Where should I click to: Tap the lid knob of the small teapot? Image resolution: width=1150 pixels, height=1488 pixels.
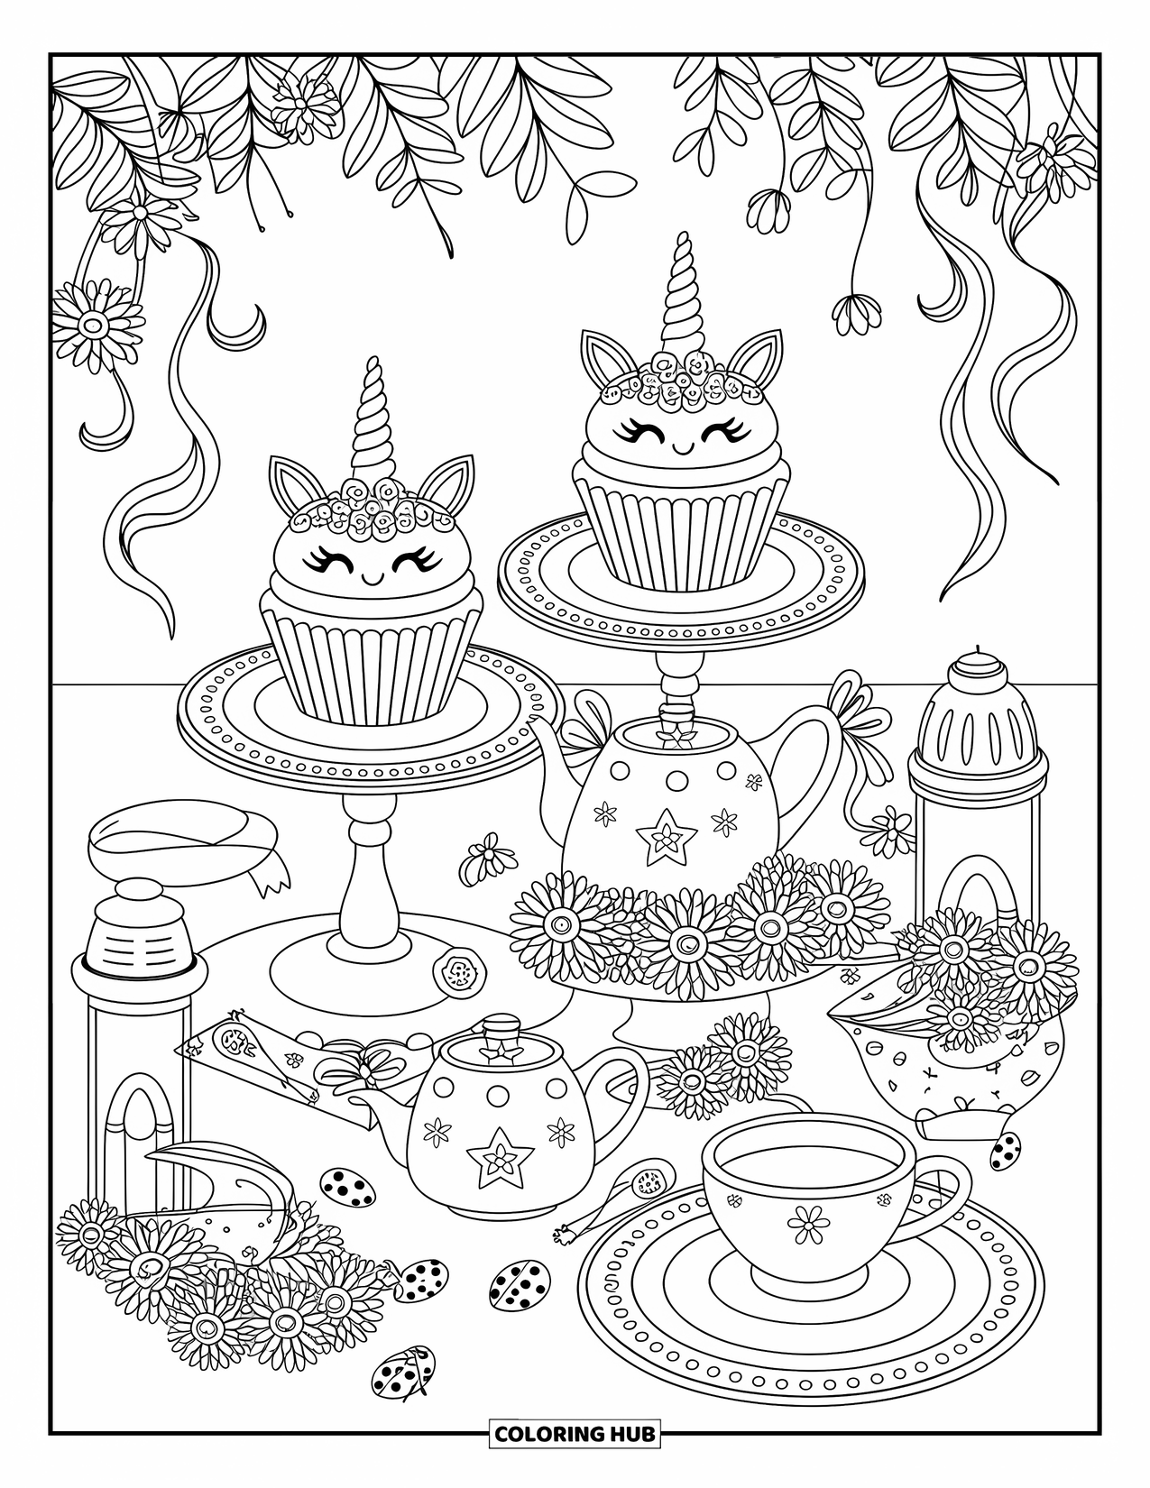495,1032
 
